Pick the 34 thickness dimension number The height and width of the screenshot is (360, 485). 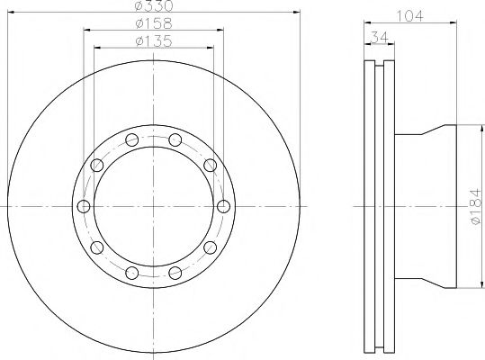tap(376, 37)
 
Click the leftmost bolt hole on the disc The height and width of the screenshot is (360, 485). tap(85, 207)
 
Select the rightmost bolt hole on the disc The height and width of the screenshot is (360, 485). tap(221, 207)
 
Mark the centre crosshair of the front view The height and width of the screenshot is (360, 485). tap(153, 207)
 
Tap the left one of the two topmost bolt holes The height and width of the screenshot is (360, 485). tap(132, 139)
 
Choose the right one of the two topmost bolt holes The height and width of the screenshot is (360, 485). tap(174, 139)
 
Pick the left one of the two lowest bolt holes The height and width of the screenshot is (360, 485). tap(132, 273)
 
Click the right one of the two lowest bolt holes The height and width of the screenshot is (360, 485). tap(174, 273)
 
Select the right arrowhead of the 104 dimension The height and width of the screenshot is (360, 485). tap(454, 22)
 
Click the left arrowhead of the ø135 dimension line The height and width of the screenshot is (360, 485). tap(96, 46)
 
